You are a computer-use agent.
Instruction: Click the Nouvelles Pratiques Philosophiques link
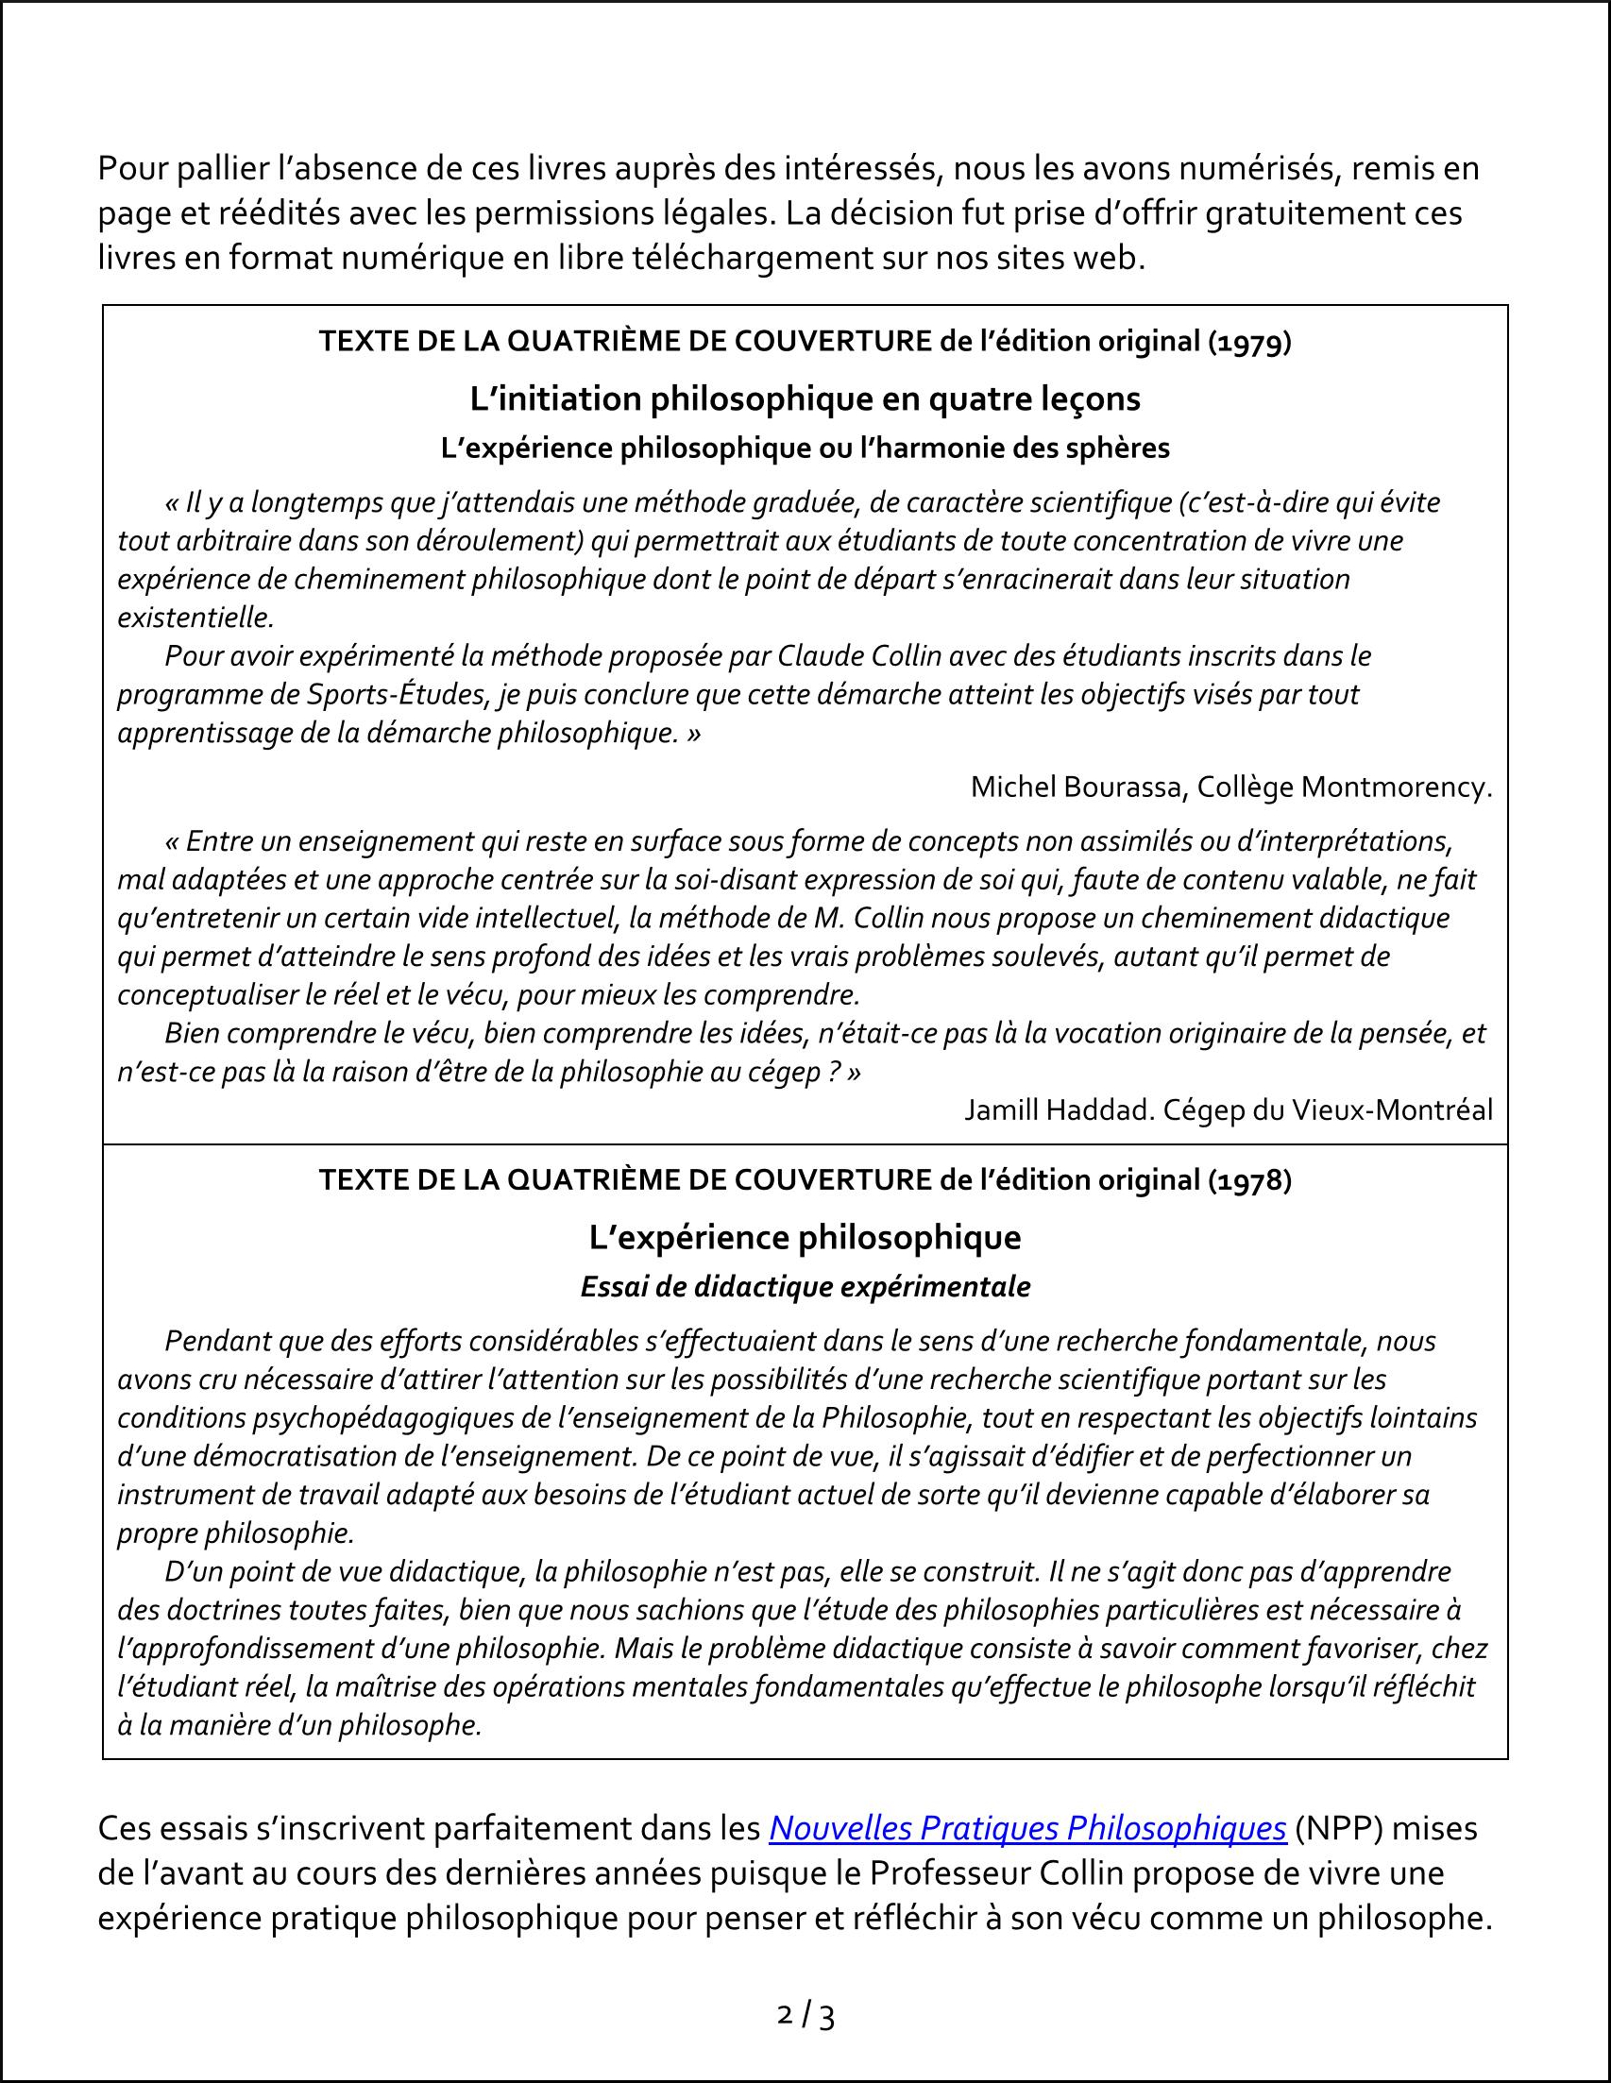[1027, 1828]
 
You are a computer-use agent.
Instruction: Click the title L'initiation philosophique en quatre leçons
[805, 399]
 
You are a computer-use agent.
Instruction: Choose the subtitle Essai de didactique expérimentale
[805, 1287]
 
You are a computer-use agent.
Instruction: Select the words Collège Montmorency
[1344, 787]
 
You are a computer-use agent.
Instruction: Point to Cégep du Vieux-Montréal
[1328, 1109]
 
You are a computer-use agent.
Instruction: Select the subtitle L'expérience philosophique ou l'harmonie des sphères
[805, 449]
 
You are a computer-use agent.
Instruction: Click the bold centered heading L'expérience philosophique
[805, 1238]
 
